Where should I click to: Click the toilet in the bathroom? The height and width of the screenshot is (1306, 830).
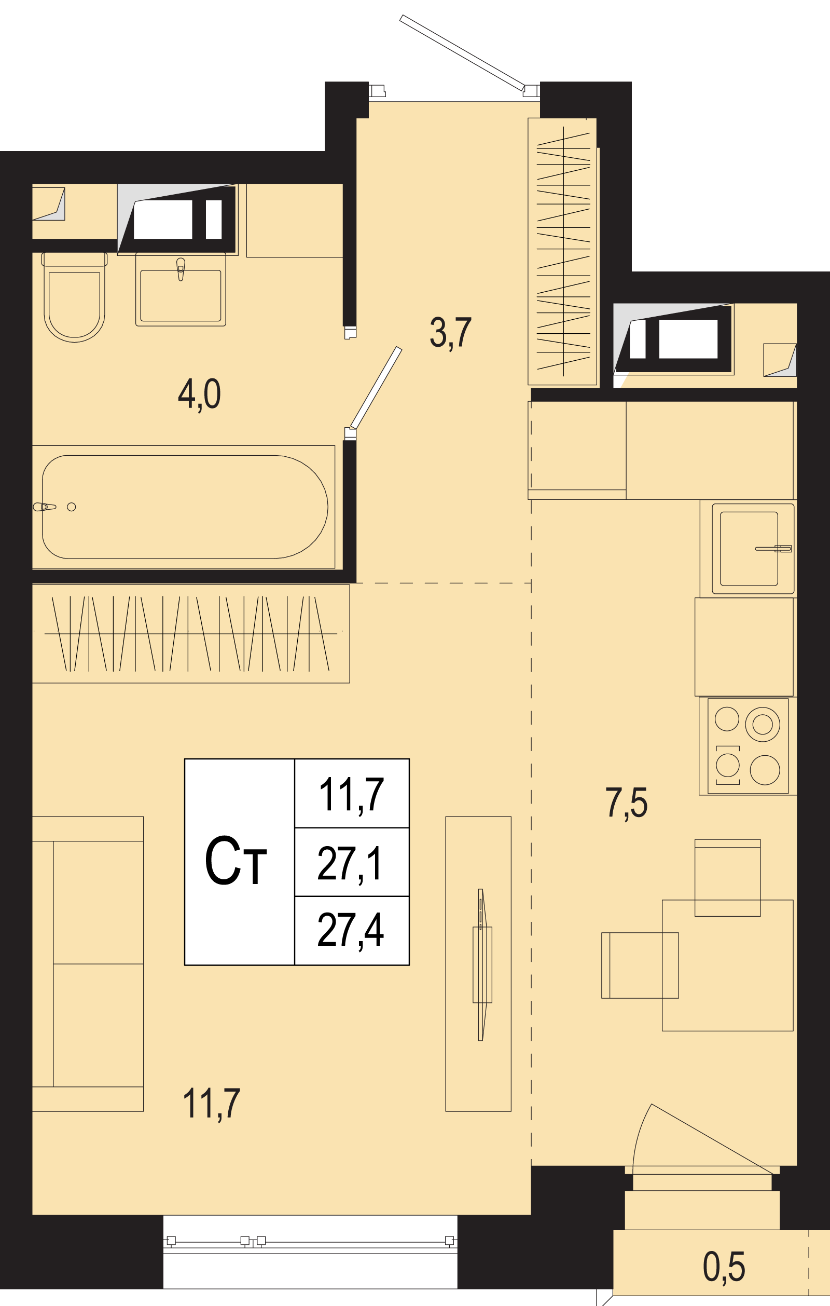tap(74, 297)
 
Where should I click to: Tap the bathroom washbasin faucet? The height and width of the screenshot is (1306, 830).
tap(181, 269)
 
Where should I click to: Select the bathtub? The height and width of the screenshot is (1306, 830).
tap(184, 507)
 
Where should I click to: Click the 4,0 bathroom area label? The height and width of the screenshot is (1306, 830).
tap(200, 394)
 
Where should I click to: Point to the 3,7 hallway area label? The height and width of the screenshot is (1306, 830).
tap(450, 333)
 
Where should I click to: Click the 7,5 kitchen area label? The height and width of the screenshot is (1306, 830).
tap(626, 803)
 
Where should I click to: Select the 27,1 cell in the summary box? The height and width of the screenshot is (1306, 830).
tap(351, 864)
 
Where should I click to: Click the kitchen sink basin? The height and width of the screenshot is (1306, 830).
tap(749, 548)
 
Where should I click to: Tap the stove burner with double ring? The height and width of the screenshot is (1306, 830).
tap(762, 724)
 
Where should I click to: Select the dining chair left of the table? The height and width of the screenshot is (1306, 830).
tap(640, 965)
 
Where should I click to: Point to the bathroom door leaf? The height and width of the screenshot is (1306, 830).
tap(376, 387)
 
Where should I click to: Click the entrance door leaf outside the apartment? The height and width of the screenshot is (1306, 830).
tap(462, 52)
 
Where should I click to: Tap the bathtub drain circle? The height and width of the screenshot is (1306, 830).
tap(71, 507)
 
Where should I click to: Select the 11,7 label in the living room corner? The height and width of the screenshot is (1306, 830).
tap(212, 1104)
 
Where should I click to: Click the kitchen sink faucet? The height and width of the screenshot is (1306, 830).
tap(773, 548)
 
